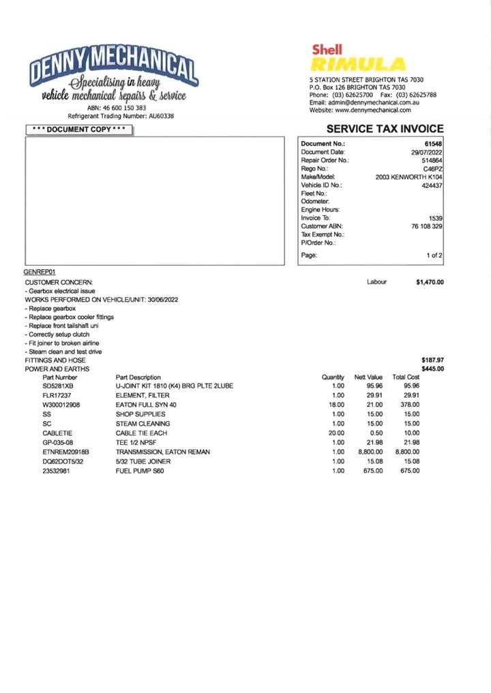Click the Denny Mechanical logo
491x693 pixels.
[x=113, y=77]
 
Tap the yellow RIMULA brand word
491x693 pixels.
[x=357, y=65]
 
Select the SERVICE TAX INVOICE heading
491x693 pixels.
[x=385, y=129]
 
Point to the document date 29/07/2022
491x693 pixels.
[x=426, y=153]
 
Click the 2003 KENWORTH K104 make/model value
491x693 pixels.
[x=408, y=177]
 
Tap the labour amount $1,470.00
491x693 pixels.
[x=430, y=282]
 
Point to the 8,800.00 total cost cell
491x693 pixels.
[x=407, y=452]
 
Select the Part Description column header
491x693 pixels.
[x=138, y=377]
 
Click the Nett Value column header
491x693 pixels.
[x=368, y=377]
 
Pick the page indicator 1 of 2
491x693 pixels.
[x=434, y=256]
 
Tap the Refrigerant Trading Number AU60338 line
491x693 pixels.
[x=121, y=116]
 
